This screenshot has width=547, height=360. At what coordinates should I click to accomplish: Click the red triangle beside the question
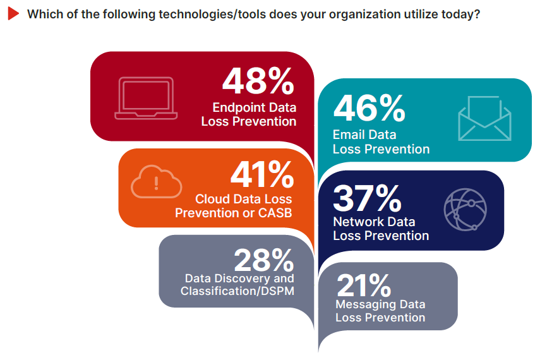[x=13, y=14]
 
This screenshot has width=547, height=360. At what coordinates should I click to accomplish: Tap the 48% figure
[x=258, y=81]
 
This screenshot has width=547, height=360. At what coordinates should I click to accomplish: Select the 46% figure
[x=369, y=109]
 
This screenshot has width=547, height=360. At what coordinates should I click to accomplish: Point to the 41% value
[x=261, y=174]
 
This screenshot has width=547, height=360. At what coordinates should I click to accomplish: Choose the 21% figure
[x=364, y=285]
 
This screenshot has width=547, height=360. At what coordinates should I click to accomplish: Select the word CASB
[x=275, y=213]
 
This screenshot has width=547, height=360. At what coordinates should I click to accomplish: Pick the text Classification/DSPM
[x=237, y=291]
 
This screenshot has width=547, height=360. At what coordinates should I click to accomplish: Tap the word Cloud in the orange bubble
[x=212, y=199]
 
